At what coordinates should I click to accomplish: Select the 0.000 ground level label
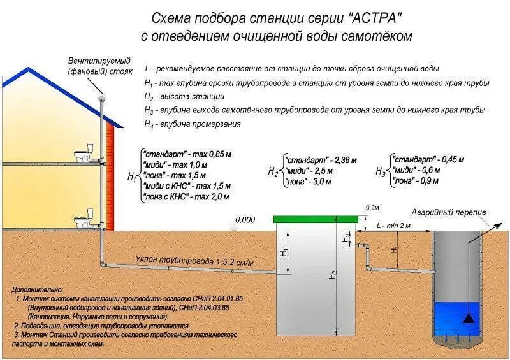(245, 220)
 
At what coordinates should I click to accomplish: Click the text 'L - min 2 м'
(394, 226)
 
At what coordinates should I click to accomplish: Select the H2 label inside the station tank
(332, 275)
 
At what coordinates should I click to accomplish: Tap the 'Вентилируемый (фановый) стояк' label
(96, 66)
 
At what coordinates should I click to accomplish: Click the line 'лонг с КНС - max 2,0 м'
(186, 198)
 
